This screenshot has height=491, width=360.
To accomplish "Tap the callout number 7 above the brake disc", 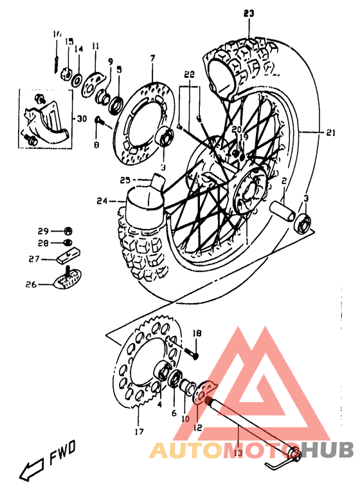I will pos(152,59).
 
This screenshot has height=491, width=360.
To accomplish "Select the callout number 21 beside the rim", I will pos(331,133).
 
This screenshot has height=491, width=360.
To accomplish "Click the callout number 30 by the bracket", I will pos(80,118).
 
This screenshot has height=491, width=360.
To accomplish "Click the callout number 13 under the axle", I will pos(237,454).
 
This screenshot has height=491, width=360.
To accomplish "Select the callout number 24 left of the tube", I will pos(103,201).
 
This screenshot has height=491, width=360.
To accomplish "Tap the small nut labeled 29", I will pos(69,231).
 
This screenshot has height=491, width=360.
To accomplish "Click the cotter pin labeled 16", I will pos(57,61).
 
